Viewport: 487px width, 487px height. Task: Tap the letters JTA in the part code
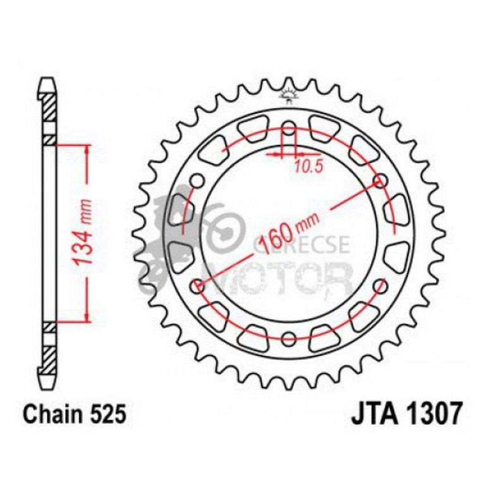372,414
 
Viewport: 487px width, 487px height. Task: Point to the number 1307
433,414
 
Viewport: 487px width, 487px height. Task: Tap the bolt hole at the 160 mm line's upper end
381,183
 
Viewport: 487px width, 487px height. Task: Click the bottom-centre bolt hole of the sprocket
288,337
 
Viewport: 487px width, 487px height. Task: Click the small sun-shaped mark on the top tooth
289,95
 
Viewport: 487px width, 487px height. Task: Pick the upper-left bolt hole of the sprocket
197,183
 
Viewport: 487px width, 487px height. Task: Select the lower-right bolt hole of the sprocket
381,287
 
